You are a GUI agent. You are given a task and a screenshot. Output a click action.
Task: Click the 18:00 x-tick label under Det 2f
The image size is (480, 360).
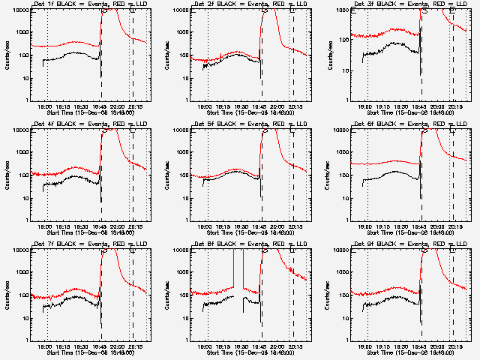click(x=204, y=106)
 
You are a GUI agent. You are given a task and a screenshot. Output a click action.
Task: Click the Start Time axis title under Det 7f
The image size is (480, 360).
click(x=90, y=352)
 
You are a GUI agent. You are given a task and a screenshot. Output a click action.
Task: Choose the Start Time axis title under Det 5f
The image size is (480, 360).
click(x=250, y=232)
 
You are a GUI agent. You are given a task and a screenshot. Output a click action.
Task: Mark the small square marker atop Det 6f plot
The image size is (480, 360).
click(x=453, y=130)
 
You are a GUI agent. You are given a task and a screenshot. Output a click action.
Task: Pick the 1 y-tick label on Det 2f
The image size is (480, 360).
click(x=185, y=100)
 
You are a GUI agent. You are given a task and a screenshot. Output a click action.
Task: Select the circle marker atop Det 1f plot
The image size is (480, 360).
click(x=104, y=10)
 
